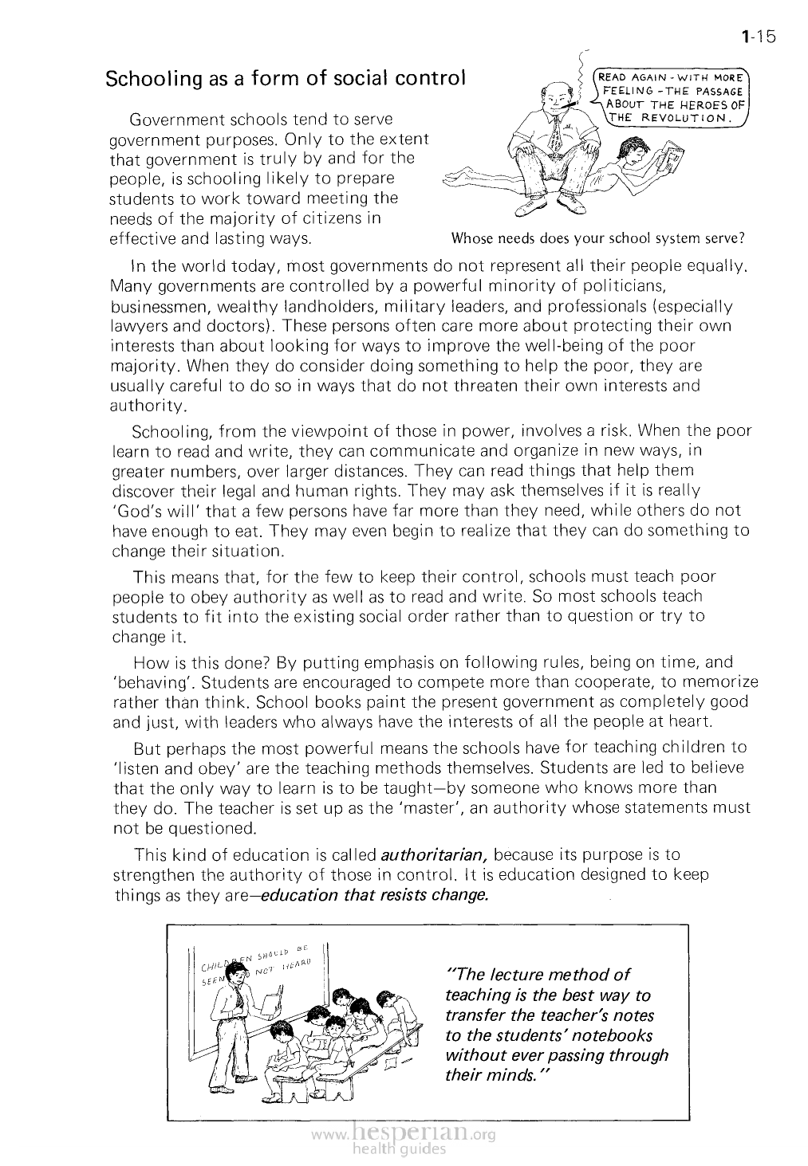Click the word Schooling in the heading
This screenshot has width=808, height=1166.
(x=146, y=80)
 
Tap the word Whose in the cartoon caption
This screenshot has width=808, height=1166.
(x=471, y=238)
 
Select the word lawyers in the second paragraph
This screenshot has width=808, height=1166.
(x=136, y=326)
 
